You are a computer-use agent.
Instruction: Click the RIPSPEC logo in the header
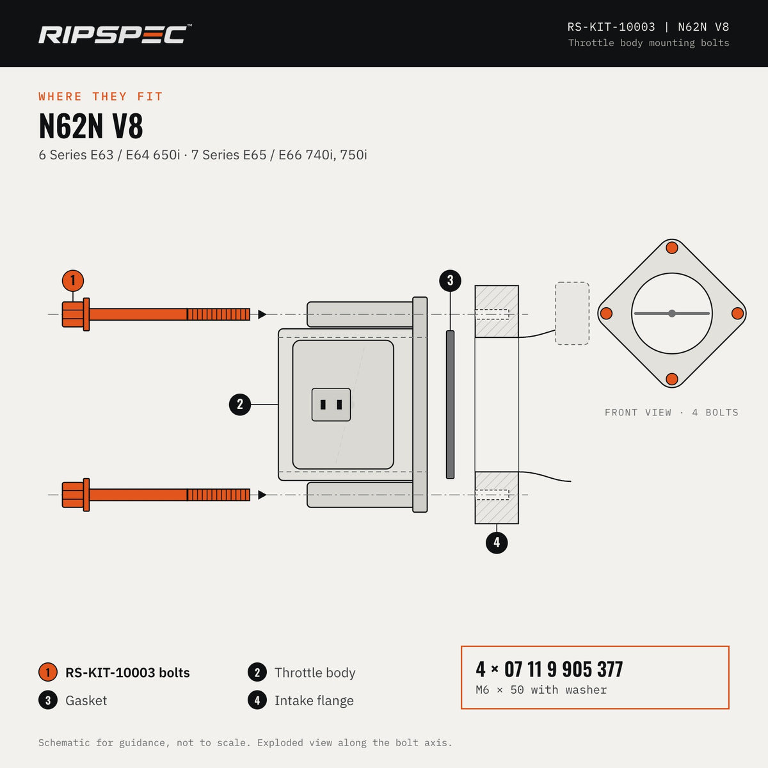click(x=115, y=34)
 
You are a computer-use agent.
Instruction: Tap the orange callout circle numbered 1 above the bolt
click(x=73, y=280)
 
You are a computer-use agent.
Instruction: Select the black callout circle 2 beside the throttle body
click(x=240, y=404)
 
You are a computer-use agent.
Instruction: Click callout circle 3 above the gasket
click(x=451, y=280)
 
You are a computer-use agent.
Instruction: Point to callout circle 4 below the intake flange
click(x=497, y=543)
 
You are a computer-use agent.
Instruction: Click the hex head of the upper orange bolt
click(x=73, y=314)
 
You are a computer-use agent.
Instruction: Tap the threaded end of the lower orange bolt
click(x=218, y=495)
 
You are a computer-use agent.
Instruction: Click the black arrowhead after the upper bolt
click(x=262, y=314)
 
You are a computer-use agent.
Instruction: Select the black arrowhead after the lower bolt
click(x=262, y=495)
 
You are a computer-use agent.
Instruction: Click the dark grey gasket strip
click(x=451, y=404)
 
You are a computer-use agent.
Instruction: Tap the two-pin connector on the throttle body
click(x=331, y=404)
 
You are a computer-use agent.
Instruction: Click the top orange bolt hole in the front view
click(x=672, y=248)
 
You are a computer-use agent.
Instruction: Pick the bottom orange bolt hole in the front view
click(x=672, y=379)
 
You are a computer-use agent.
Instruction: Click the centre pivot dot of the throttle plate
click(x=672, y=313)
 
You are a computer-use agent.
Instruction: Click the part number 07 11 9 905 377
click(x=564, y=669)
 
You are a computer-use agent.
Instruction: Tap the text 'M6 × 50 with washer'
click(x=541, y=690)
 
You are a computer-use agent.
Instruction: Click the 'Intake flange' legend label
click(x=314, y=701)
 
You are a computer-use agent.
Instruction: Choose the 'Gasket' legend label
click(x=86, y=701)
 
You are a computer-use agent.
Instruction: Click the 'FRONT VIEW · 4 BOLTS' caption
click(x=671, y=413)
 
